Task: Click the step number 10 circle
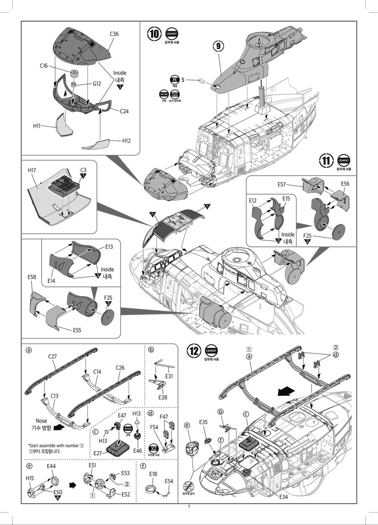tap(155, 33)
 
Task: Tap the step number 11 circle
tap(326, 161)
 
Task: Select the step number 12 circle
tap(194, 351)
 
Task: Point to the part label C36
tap(115, 34)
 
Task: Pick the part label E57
tap(282, 184)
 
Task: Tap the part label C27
tap(53, 356)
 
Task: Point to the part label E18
tap(153, 474)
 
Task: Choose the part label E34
tap(284, 496)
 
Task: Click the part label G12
tap(97, 84)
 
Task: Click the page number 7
tap(189, 506)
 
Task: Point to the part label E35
tap(203, 422)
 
